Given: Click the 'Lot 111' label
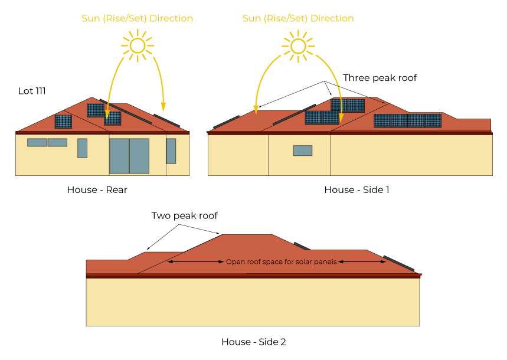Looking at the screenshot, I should point(32,91).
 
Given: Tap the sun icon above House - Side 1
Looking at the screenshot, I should point(298,45).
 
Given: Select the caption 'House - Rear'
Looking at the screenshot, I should point(97,190).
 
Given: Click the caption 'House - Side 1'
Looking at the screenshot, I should point(356,190).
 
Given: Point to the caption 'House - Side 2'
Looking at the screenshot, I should point(253,342).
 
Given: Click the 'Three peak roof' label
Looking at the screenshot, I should point(380,78).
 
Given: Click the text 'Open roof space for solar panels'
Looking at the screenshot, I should point(281,261).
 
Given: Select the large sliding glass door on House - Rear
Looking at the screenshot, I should point(129,156).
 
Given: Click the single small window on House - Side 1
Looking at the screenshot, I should point(302,150).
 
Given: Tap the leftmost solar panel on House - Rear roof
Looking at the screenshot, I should point(63,122).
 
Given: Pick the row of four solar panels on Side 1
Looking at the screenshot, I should point(407,120).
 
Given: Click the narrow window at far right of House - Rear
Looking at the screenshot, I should point(171,150).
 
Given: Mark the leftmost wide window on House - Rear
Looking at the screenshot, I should point(37,142).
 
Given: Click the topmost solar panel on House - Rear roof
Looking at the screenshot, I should point(95,110).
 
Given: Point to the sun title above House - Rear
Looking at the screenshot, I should point(137,18).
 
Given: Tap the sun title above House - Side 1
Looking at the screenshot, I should point(298,18).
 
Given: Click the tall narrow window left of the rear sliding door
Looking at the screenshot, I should point(82,148).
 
